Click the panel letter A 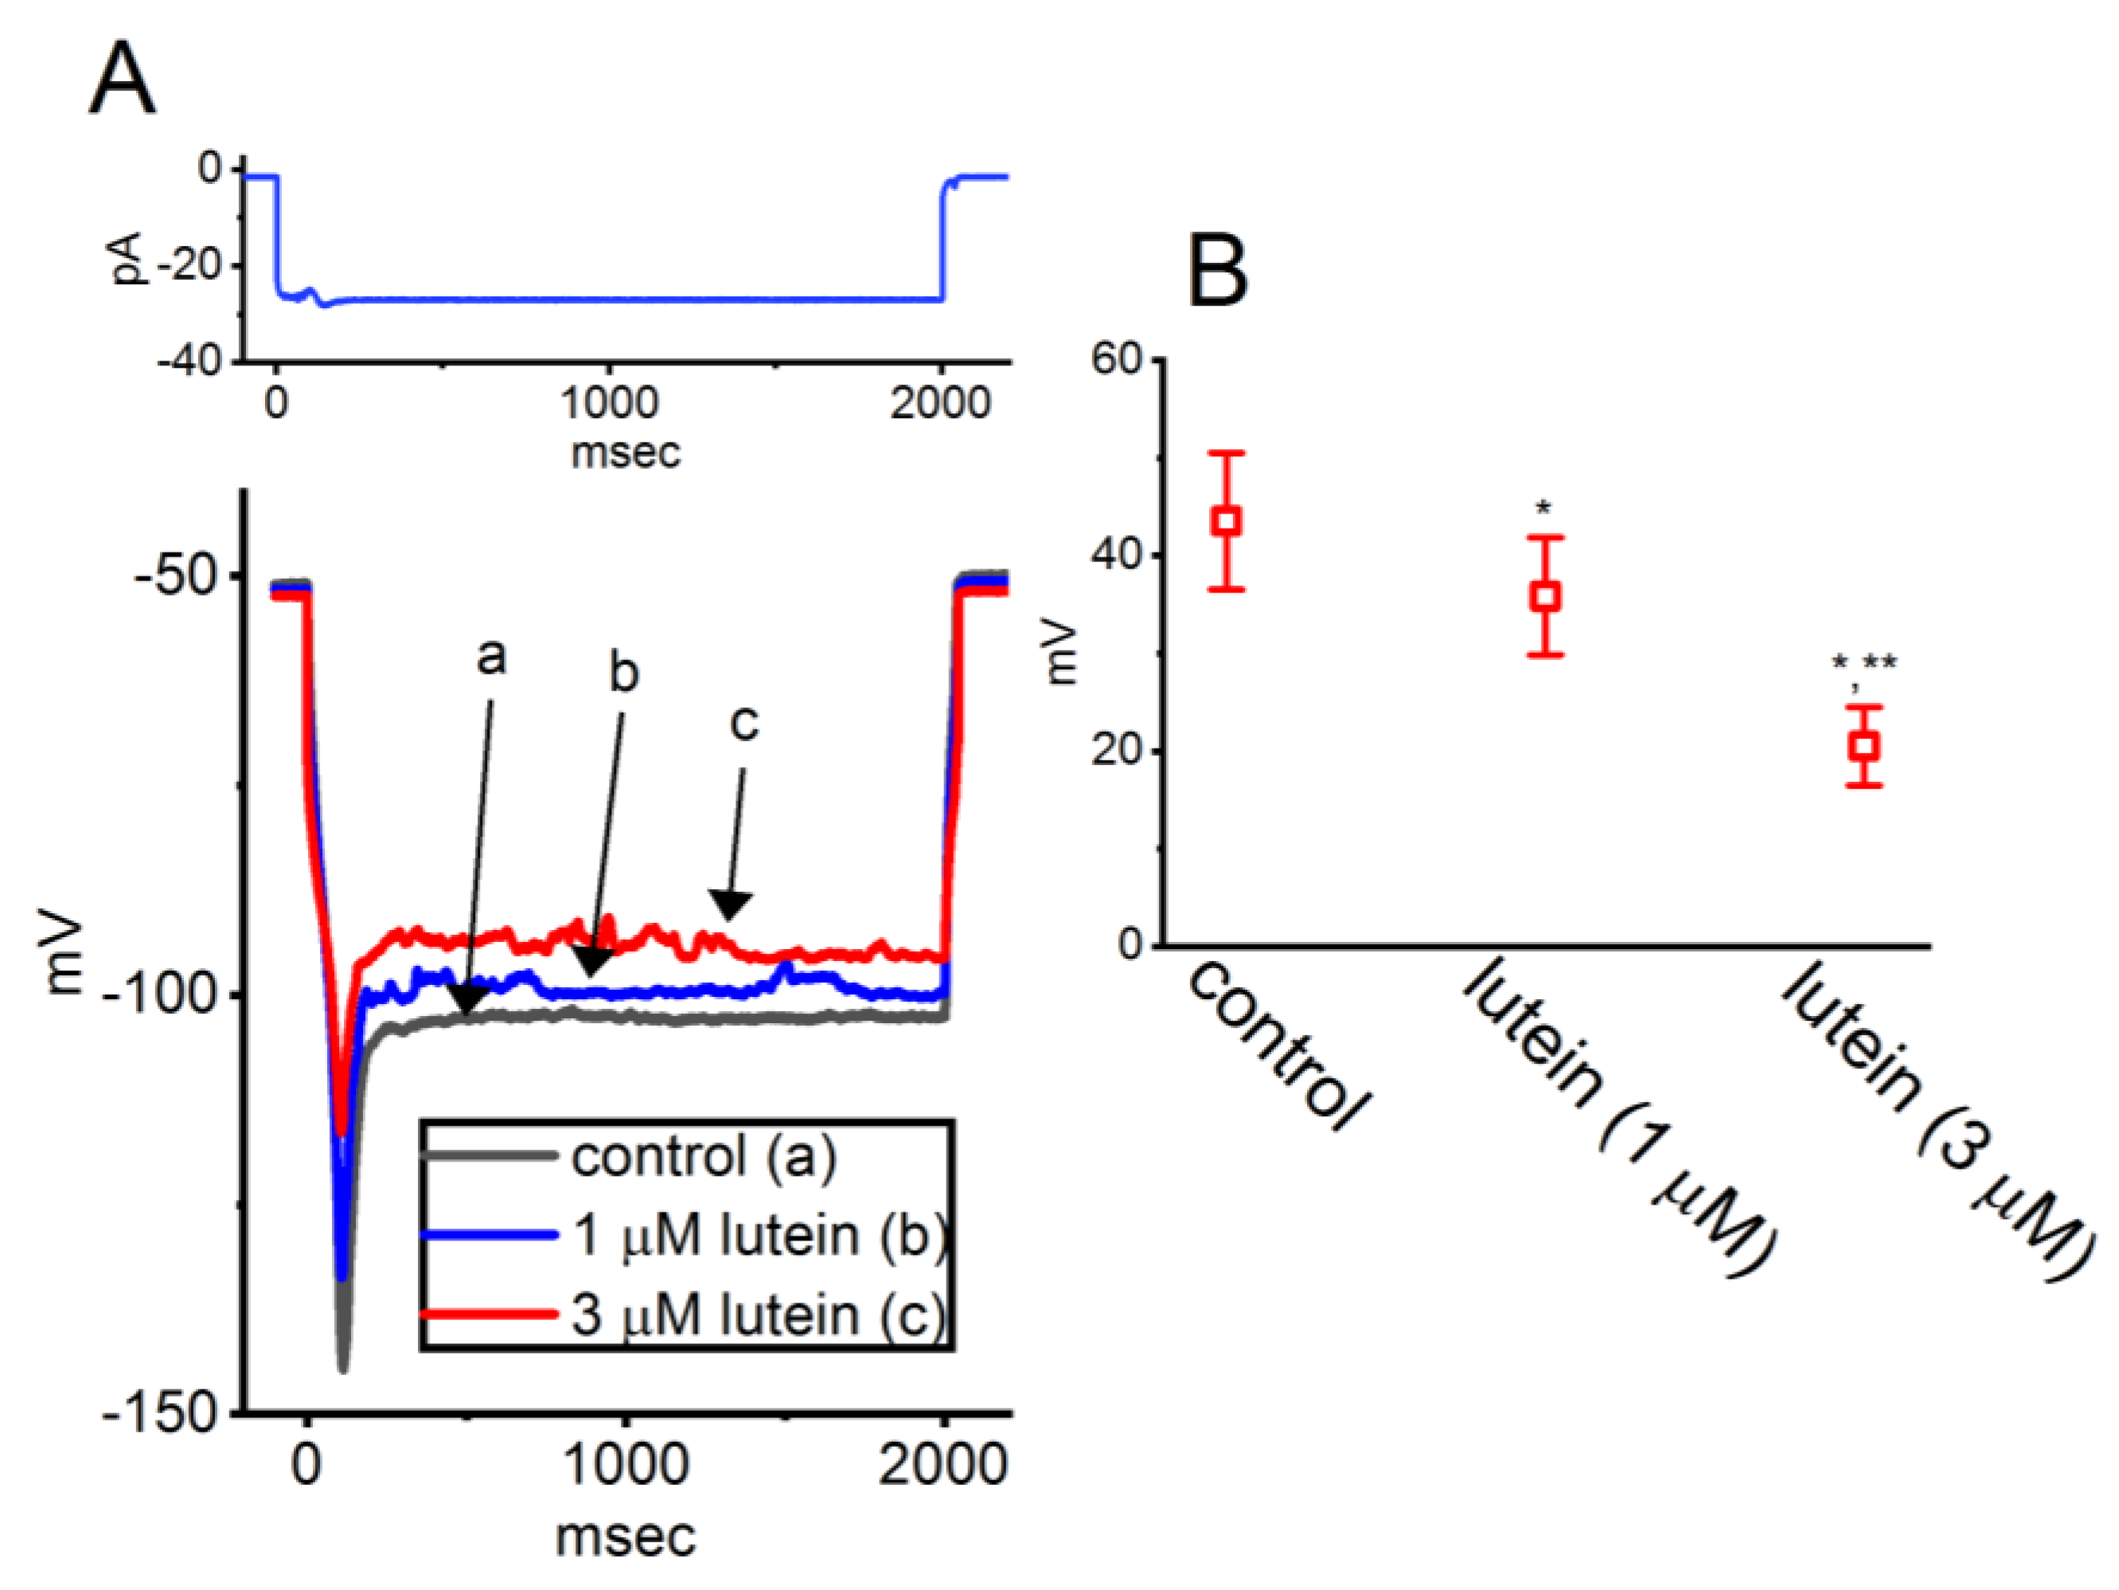[x=122, y=80]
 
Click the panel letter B [x=1218, y=272]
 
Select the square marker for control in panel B [x=1227, y=522]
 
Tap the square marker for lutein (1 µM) [x=1545, y=596]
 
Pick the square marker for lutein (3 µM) [x=1864, y=746]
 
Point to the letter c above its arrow [x=744, y=723]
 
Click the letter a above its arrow [x=491, y=658]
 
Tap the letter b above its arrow [x=623, y=673]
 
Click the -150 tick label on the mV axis [x=162, y=1412]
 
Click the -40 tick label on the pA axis [x=189, y=361]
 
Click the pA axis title [x=127, y=259]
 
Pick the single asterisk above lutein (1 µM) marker [x=1543, y=510]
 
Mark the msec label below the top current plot [x=626, y=452]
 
